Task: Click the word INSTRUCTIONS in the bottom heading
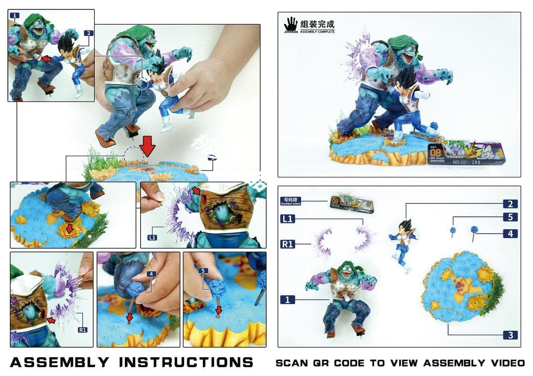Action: point(186,362)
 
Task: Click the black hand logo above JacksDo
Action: point(291,23)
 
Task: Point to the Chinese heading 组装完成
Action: point(317,23)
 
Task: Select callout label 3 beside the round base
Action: point(510,335)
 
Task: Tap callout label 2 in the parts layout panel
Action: point(510,204)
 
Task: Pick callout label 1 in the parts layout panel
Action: point(288,299)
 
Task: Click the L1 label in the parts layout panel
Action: point(288,218)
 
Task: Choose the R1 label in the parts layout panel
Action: point(288,243)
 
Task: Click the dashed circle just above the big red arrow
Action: point(134,156)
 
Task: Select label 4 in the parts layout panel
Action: point(510,234)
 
